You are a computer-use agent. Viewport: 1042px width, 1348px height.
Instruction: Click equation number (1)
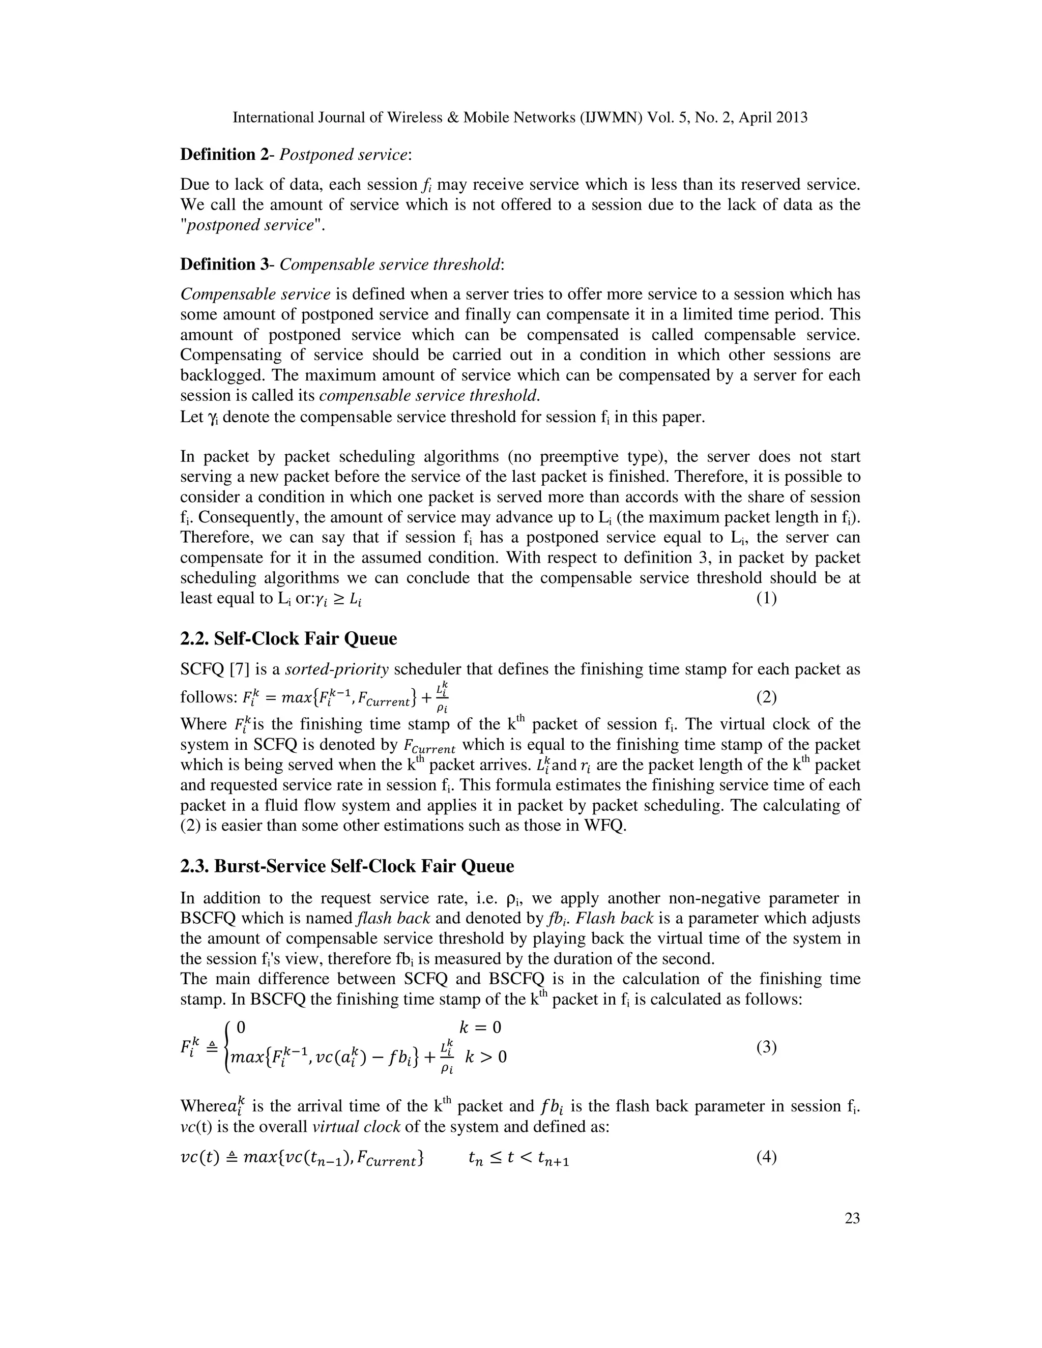point(766,598)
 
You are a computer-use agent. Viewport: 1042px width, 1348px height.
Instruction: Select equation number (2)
point(766,697)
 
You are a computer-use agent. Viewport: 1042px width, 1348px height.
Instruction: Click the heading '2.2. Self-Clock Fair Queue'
point(288,638)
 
